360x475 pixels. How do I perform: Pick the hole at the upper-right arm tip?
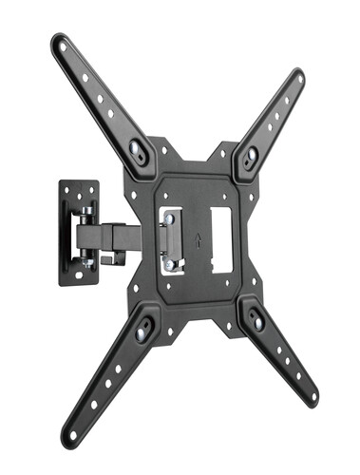[298, 76]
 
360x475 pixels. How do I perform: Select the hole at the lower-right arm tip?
[310, 401]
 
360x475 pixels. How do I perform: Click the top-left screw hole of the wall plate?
[67, 188]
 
